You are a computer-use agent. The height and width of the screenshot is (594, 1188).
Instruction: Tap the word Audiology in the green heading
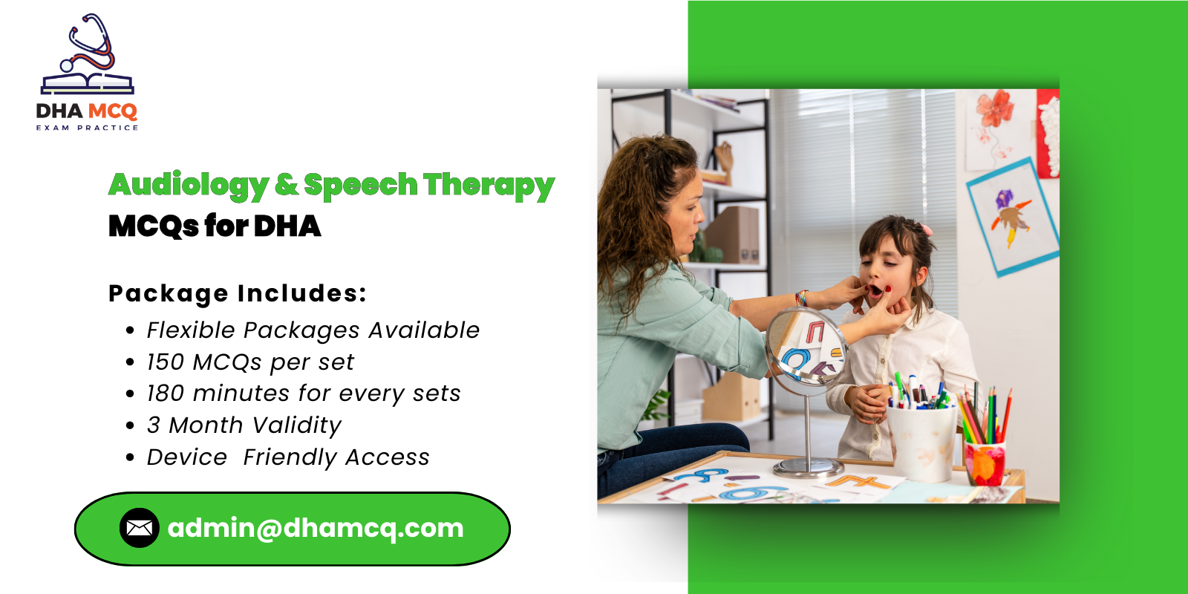coord(189,185)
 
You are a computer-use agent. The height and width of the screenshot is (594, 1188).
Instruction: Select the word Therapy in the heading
coord(489,185)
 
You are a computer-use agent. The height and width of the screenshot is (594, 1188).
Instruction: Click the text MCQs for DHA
coord(215,226)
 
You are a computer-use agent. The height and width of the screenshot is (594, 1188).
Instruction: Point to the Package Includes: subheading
coord(238,293)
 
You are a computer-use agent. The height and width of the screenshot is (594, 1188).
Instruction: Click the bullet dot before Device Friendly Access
coord(131,457)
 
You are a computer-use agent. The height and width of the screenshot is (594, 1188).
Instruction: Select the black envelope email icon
coord(139,528)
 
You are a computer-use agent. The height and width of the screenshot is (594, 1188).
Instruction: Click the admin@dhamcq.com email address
coord(316,528)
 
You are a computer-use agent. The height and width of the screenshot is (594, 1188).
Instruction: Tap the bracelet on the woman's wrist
coord(801,298)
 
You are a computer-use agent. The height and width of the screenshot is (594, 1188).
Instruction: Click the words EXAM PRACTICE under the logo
coord(87,128)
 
